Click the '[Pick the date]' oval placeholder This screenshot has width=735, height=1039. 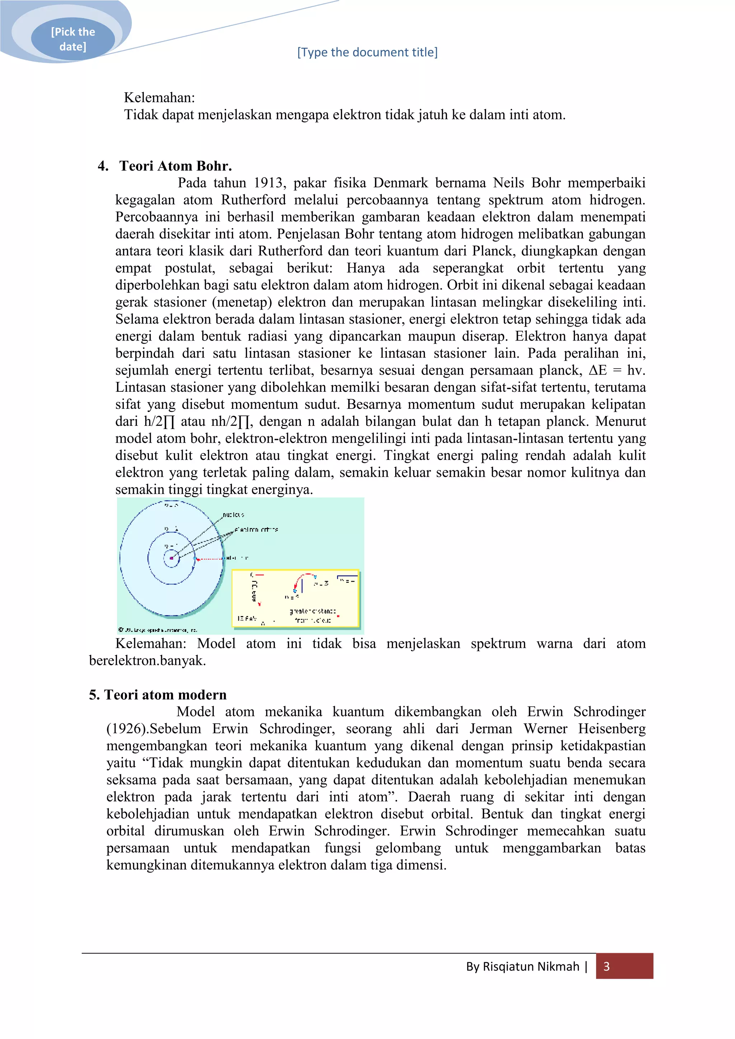click(x=72, y=39)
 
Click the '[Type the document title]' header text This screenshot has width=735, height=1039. click(x=367, y=52)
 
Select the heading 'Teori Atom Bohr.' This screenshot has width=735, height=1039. click(x=175, y=166)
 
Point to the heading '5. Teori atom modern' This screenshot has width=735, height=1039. click(x=158, y=695)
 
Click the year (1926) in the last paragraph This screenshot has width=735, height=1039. click(x=128, y=729)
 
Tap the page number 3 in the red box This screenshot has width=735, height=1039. click(x=607, y=967)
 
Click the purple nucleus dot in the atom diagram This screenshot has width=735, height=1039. click(x=172, y=558)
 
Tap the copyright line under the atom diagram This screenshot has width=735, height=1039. click(x=158, y=630)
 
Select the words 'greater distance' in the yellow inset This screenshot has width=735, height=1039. click(x=312, y=611)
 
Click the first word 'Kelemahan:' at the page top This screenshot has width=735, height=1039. click(x=159, y=98)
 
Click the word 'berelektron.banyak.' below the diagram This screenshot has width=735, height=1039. click(x=147, y=661)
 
